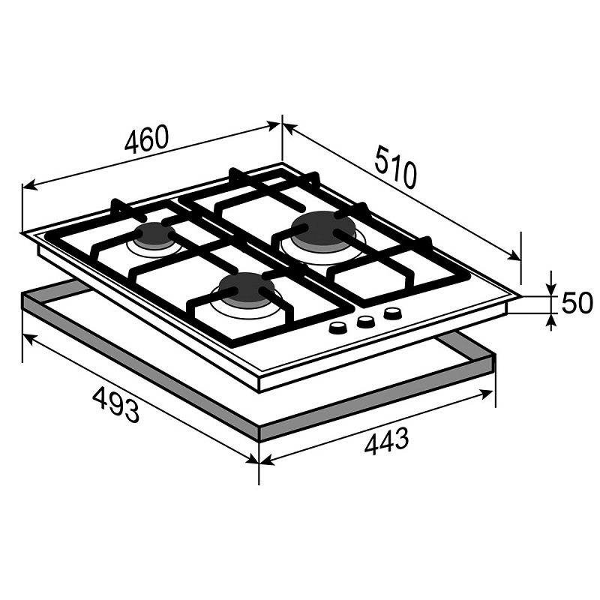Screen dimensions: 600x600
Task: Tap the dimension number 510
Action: (395, 166)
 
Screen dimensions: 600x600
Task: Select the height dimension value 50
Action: (577, 303)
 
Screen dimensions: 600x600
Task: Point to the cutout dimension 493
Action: (115, 404)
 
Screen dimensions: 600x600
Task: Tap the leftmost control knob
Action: (338, 328)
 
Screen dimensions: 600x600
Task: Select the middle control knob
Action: (365, 322)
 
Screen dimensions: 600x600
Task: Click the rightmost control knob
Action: (392, 314)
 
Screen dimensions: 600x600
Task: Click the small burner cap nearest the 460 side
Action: (154, 235)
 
